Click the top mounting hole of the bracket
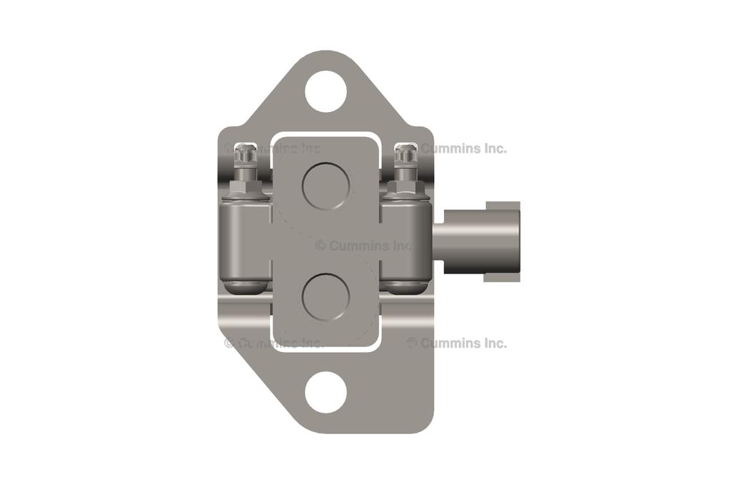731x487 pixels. click(x=326, y=91)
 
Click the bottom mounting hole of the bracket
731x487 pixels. click(x=326, y=393)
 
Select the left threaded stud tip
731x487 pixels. click(x=246, y=152)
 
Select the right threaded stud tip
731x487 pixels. click(x=405, y=152)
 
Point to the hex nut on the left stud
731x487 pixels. click(x=246, y=189)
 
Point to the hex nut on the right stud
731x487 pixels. click(x=405, y=189)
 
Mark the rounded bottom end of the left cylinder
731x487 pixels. click(x=246, y=287)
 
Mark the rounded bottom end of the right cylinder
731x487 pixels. click(x=405, y=287)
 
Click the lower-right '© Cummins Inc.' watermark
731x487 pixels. click(x=457, y=343)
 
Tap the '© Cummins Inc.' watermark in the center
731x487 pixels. click(x=363, y=245)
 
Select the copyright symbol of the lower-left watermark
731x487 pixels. click(x=229, y=343)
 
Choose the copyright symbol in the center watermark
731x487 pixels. click(x=321, y=245)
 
